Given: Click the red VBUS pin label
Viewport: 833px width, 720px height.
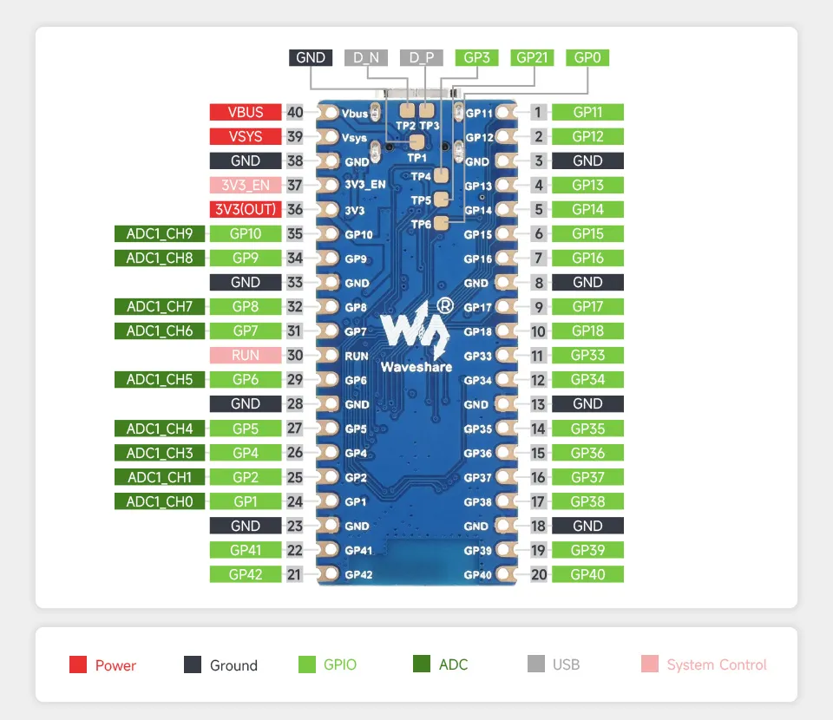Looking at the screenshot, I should [246, 112].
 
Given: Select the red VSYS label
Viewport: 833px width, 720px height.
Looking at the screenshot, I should [246, 136].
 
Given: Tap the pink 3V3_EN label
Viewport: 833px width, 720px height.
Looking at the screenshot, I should [246, 185].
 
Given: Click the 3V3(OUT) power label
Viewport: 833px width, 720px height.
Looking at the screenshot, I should [246, 209].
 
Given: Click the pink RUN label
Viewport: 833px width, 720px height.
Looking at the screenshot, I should [246, 355].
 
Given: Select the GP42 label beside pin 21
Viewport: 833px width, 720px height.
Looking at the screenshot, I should [246, 573].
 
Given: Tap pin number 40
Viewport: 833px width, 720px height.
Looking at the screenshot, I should [295, 112].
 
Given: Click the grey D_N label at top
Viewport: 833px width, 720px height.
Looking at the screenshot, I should [366, 57].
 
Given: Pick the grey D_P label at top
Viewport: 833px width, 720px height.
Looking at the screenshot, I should [422, 57].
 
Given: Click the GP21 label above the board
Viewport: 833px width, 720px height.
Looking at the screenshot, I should [532, 57].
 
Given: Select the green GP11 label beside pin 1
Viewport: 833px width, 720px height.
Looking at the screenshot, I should [587, 112].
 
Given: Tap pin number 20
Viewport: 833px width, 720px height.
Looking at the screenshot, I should [539, 573].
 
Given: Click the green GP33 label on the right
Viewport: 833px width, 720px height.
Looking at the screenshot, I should [587, 355].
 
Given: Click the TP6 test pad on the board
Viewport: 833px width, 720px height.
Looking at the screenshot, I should [441, 224].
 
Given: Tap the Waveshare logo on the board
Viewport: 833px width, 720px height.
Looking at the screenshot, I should [416, 334].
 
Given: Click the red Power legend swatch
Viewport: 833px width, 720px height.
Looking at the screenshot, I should [78, 664].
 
